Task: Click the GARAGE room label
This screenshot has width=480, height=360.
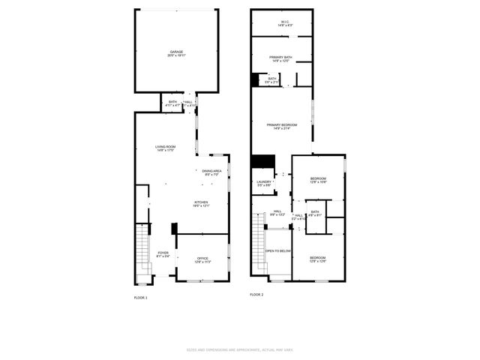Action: [176, 53]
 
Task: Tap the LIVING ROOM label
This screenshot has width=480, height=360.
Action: [166, 148]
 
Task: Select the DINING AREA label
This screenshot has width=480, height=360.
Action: [211, 172]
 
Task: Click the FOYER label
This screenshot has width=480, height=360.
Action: [163, 255]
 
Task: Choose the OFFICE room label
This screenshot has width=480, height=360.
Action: [202, 260]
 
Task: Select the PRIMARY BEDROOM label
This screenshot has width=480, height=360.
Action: [283, 126]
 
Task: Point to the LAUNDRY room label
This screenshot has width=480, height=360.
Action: [262, 183]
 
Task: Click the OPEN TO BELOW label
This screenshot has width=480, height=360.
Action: [278, 251]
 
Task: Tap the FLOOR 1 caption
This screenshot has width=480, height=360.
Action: [141, 298]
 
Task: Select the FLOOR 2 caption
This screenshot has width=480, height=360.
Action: [256, 295]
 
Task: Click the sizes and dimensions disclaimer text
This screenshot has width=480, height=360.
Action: [239, 349]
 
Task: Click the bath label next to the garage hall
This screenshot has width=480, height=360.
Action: [172, 103]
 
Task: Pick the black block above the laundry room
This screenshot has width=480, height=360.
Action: [262, 162]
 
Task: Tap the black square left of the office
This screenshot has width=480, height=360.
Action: [173, 229]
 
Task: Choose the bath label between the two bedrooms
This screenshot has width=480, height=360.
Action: [315, 213]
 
